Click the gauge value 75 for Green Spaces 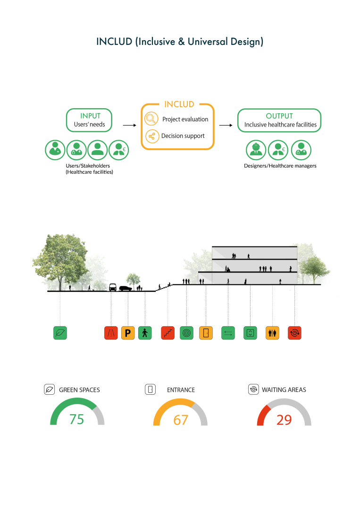76,419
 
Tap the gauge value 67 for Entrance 181,419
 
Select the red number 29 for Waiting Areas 284,419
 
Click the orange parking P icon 128,333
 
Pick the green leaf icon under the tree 60,333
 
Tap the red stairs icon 167,333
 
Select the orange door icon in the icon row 206,333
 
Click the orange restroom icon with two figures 272,333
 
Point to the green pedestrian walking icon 145,333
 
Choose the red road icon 111,333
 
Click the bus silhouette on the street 113,287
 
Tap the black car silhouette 126,288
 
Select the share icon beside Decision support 151,136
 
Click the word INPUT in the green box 90,116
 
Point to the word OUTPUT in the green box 279,116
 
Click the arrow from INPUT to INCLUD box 129,126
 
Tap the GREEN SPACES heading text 79,390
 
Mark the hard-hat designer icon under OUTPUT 257,150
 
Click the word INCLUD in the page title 114,42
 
